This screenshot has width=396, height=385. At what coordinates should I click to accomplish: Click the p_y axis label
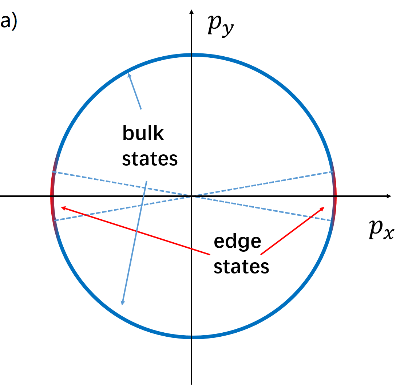tap(220, 25)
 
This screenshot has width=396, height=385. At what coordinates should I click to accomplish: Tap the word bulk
tap(143, 133)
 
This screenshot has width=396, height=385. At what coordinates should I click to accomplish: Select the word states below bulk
tap(150, 158)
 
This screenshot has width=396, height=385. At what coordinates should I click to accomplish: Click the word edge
tap(237, 241)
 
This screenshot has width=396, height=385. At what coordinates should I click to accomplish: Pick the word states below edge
tap(241, 266)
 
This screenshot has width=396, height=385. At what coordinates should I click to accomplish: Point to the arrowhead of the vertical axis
tap(191, 14)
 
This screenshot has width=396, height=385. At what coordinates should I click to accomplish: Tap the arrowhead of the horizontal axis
tap(389, 196)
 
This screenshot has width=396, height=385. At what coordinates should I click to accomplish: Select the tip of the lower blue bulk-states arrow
tap(122, 304)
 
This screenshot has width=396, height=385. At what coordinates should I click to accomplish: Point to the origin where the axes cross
tap(191, 196)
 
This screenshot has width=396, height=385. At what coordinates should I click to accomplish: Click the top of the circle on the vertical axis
tap(191, 55)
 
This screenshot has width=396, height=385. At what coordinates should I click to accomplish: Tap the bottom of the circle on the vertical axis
tap(191, 337)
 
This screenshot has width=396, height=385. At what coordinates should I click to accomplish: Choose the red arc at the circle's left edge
tap(52, 196)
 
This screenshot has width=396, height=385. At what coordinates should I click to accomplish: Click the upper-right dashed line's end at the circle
tap(332, 171)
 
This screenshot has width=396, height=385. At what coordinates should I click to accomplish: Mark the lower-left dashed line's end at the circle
tap(55, 220)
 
